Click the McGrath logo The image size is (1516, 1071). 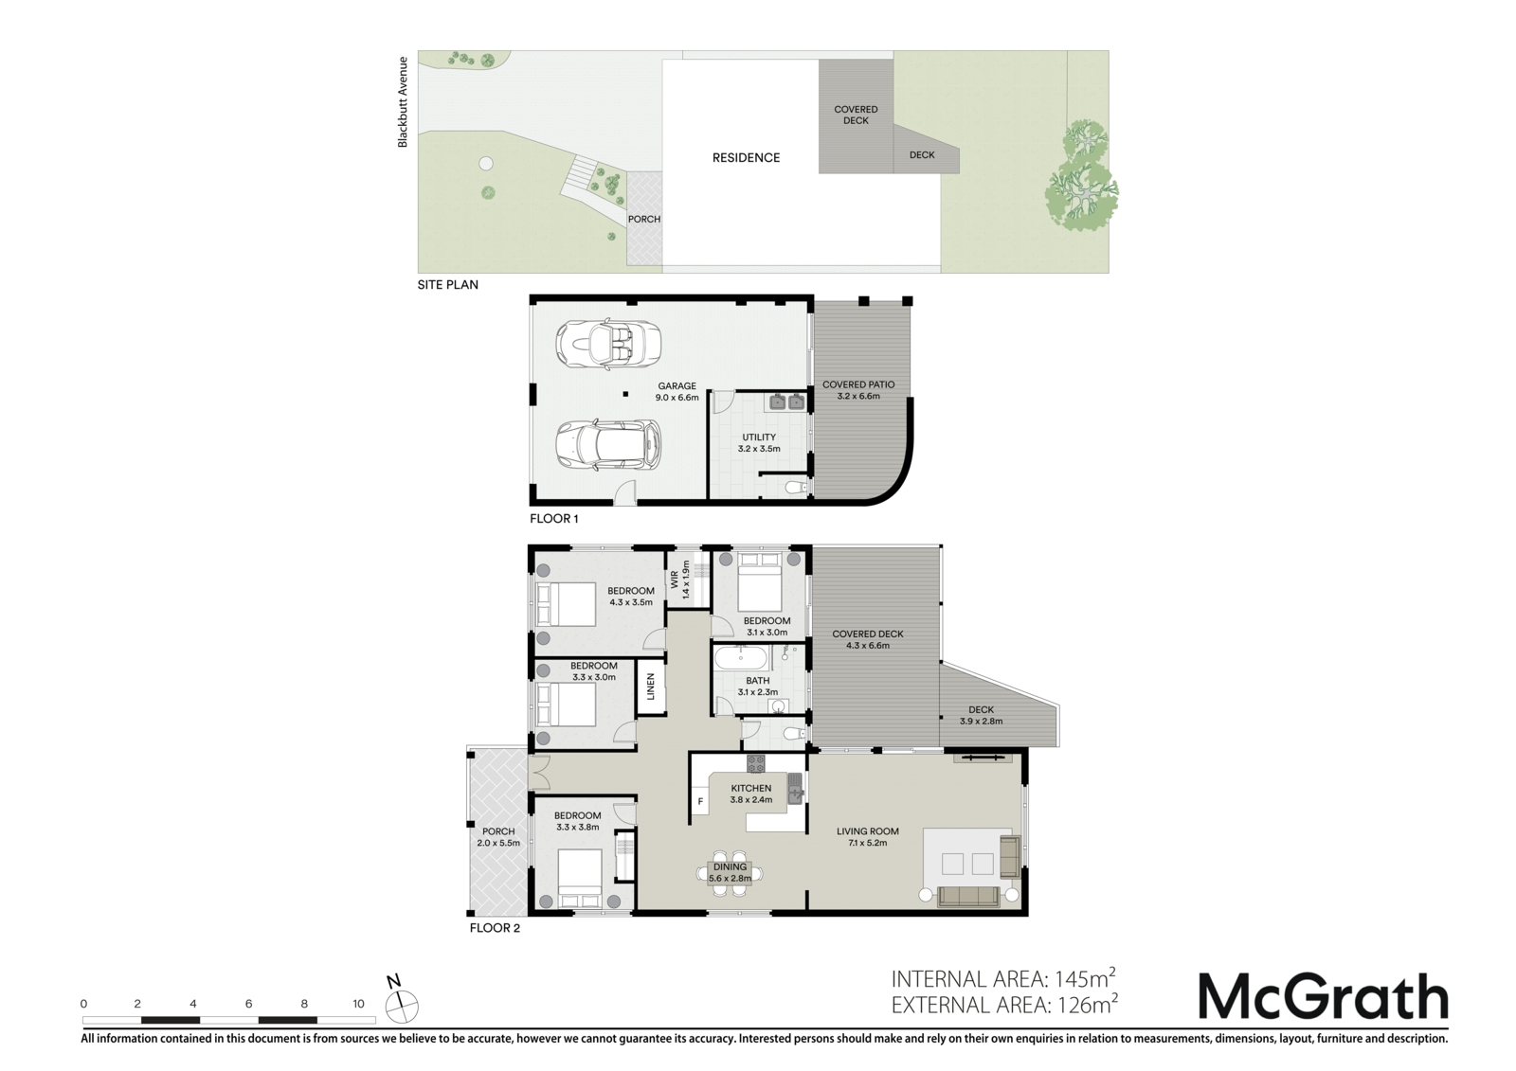coord(1323,995)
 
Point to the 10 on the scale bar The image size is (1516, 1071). coord(358,1004)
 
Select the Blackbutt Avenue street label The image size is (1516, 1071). coord(403,102)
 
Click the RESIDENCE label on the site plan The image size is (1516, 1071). coord(746,157)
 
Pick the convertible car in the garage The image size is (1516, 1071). coord(607,344)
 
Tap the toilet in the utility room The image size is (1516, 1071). coord(796,487)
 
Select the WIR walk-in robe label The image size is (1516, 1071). coord(674,580)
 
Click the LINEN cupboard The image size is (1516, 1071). coord(651,687)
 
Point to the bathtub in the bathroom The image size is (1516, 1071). coord(742,657)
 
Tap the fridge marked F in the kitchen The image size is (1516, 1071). coord(700,802)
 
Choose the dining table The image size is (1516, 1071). coord(730,873)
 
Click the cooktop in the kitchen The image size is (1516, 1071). coord(756,764)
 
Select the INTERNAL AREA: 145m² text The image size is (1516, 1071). coord(1003,978)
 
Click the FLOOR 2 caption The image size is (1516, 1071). coord(495,928)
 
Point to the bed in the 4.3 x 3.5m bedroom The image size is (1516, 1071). coord(567,604)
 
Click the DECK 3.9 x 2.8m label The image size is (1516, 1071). coord(982,715)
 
